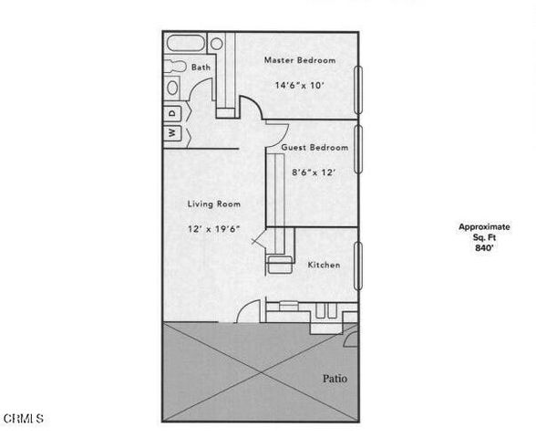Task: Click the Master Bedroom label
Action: (299, 60)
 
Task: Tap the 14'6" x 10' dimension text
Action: (299, 86)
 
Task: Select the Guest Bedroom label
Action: (314, 148)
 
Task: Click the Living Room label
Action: (213, 204)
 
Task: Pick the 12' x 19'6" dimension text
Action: (213, 229)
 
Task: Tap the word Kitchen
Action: (324, 266)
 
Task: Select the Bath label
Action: (201, 68)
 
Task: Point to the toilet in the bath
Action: (173, 89)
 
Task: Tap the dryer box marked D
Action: (171, 112)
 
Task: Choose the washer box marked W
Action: (171, 132)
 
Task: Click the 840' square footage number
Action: (484, 247)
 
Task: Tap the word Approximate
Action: (484, 226)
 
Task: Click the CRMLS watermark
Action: (24, 419)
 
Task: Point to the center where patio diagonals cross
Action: (260, 372)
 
